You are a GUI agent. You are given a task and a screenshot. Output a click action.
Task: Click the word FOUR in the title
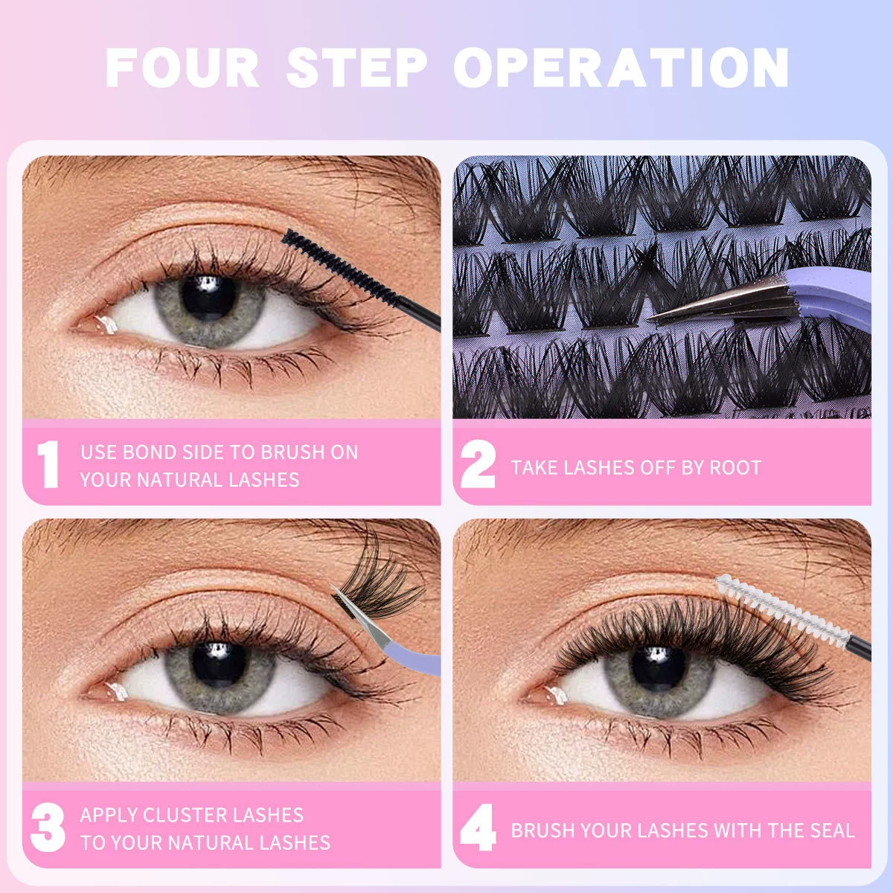(x=182, y=68)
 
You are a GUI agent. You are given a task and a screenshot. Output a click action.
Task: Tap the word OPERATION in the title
(x=621, y=68)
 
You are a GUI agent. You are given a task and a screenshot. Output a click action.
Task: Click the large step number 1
(x=48, y=464)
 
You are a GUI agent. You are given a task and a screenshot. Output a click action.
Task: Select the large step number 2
(x=478, y=464)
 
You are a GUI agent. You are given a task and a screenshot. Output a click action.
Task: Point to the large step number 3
(x=48, y=828)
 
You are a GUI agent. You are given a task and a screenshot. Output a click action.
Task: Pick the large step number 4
(x=478, y=828)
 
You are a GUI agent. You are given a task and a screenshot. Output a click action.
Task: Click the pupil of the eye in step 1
(x=208, y=298)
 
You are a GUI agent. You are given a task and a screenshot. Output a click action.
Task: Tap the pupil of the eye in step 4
(x=658, y=668)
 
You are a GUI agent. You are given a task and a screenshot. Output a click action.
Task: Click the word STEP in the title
(x=357, y=68)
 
